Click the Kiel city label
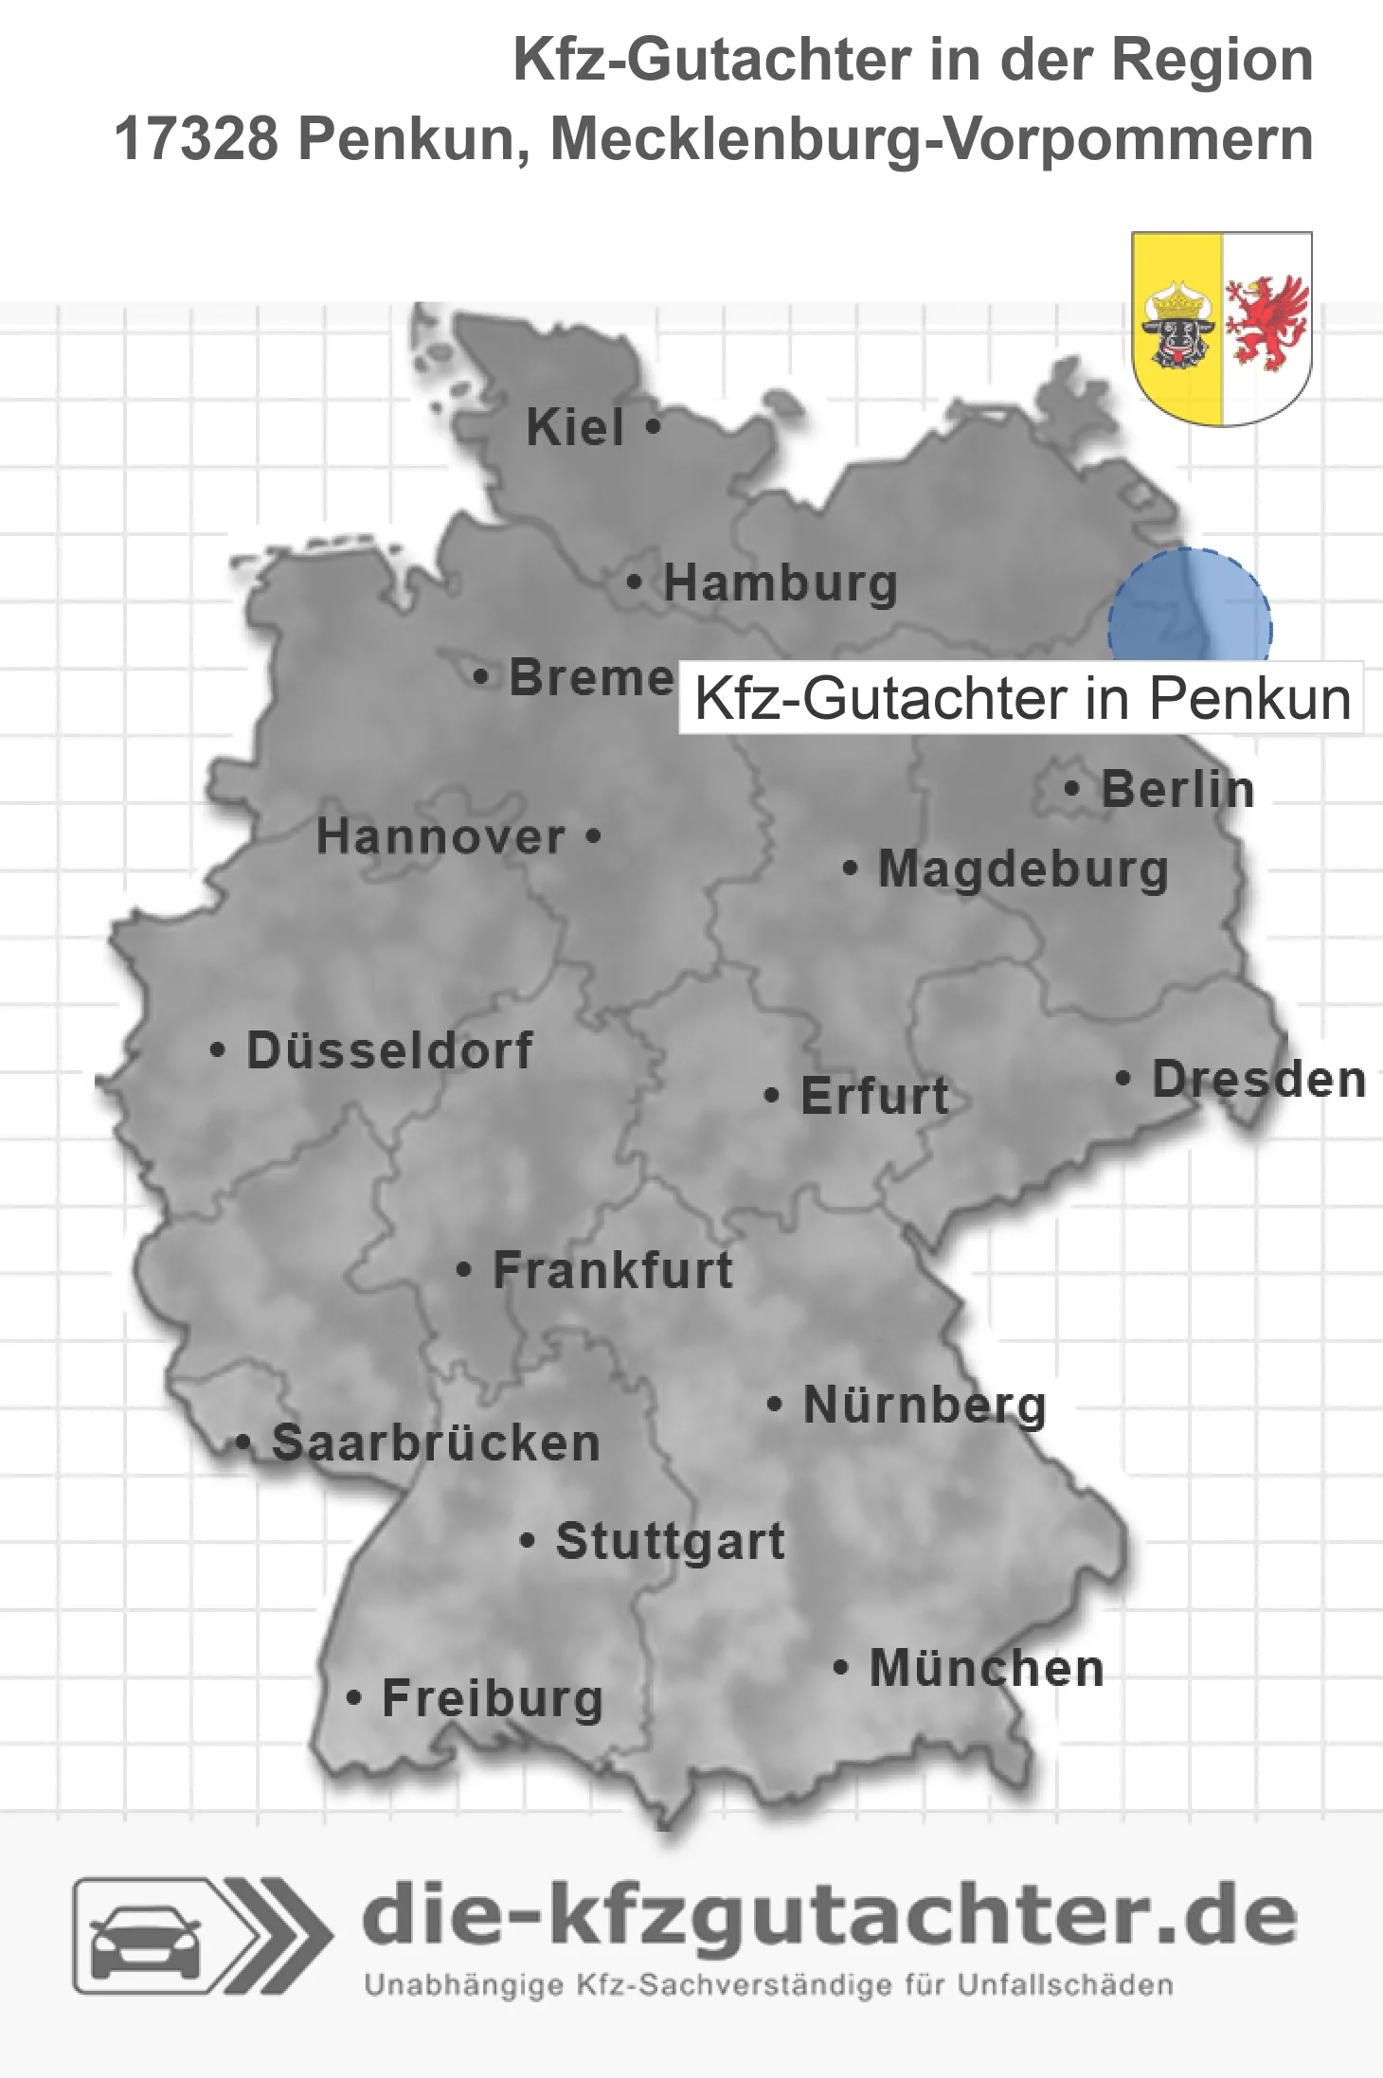click(575, 427)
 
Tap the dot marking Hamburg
click(635, 582)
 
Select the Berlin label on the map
click(1177, 789)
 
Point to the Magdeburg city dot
click(850, 868)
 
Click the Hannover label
click(440, 836)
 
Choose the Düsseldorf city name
click(389, 1050)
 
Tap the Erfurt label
click(874, 1096)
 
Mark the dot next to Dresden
click(1123, 1078)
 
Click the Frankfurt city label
click(613, 1270)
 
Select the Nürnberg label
click(925, 1405)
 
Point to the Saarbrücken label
click(436, 1443)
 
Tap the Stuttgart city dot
click(528, 1541)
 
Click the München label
click(987, 1668)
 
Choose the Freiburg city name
click(493, 1698)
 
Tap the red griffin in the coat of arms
click(1266, 321)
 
